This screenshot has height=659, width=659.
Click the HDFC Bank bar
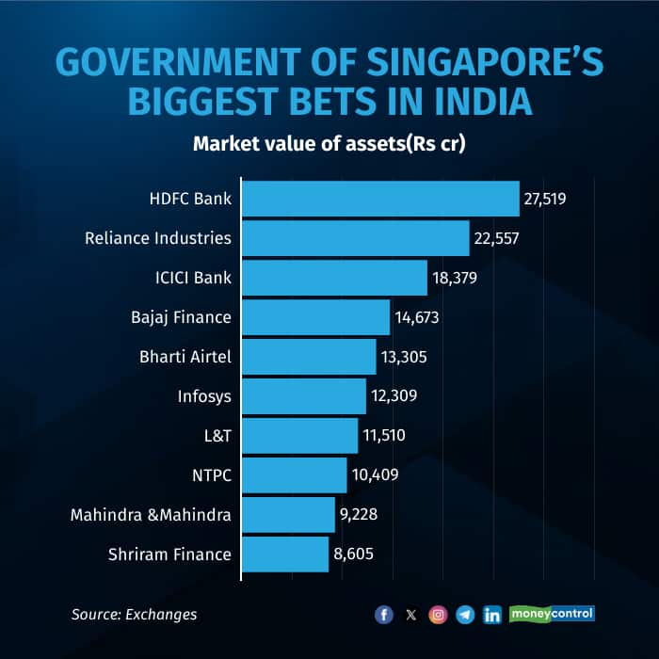380,200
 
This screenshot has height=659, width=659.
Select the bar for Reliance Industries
356,238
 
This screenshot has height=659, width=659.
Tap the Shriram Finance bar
285,554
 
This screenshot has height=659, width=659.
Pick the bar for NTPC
295,475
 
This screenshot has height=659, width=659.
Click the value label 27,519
546,200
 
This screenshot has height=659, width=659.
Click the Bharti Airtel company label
184,357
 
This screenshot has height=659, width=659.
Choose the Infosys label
204,396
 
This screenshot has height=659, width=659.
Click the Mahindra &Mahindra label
151,515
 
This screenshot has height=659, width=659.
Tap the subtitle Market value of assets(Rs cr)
329,144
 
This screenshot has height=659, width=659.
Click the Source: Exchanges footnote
135,615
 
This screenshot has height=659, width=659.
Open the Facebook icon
383,615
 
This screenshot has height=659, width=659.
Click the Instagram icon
438,615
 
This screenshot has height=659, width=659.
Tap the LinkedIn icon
491,615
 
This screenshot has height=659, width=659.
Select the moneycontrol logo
553,614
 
